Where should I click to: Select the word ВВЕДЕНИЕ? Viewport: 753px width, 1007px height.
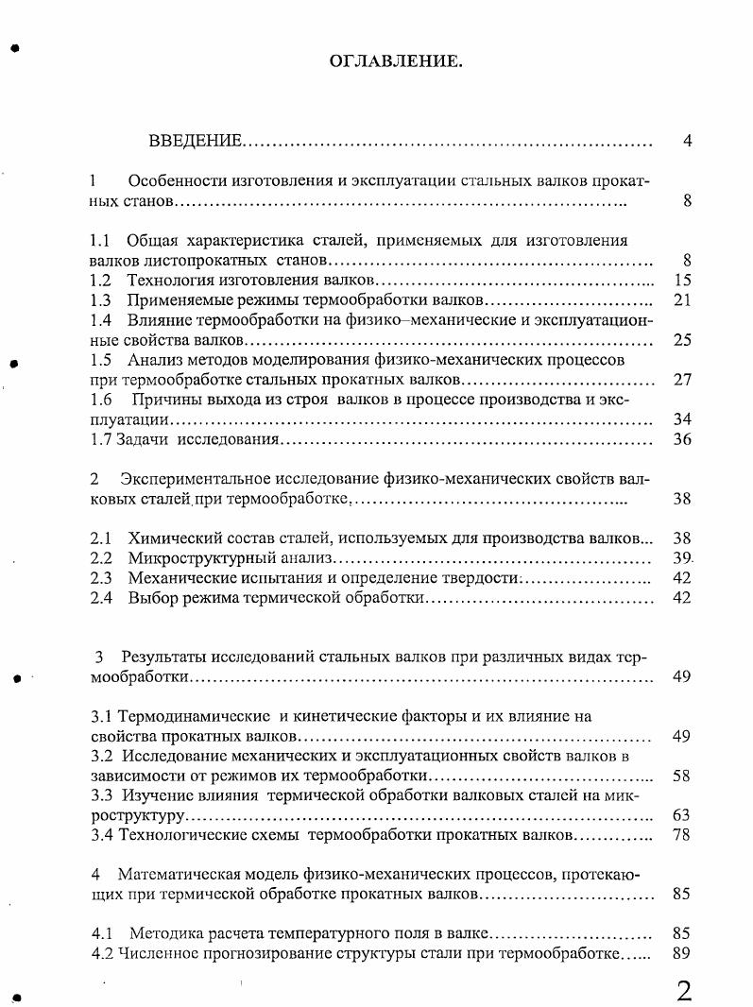pyautogui.click(x=195, y=142)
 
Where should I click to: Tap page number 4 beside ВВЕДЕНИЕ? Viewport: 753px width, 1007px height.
pyautogui.click(x=687, y=142)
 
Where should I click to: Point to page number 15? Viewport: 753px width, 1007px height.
pyautogui.click(x=683, y=281)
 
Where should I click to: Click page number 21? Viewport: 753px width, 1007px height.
pyautogui.click(x=683, y=300)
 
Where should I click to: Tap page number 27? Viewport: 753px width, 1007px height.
pyautogui.click(x=683, y=380)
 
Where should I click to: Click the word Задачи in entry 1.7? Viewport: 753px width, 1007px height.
pyautogui.click(x=141, y=439)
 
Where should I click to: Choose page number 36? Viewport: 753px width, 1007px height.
pyautogui.click(x=683, y=439)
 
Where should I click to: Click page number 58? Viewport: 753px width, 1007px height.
pyautogui.click(x=683, y=777)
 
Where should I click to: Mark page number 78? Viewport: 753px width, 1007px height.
pyautogui.click(x=683, y=835)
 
